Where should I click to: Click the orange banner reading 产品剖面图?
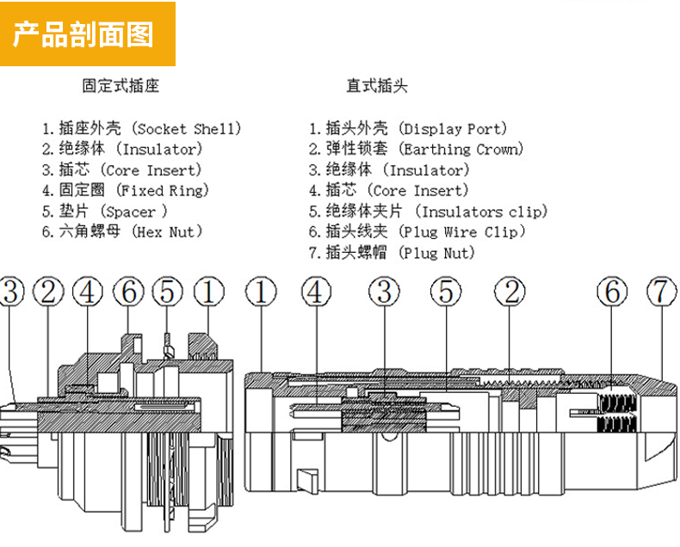[87, 34]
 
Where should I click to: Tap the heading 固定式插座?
[121, 86]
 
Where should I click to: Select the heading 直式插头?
[377, 86]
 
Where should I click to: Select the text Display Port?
[455, 129]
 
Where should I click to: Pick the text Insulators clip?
[481, 212]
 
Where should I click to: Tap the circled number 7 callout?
[661, 292]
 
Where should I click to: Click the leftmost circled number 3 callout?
[10, 292]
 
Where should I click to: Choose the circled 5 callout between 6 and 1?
[168, 292]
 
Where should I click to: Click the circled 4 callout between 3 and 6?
[88, 292]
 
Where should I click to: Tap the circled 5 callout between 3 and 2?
[446, 292]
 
